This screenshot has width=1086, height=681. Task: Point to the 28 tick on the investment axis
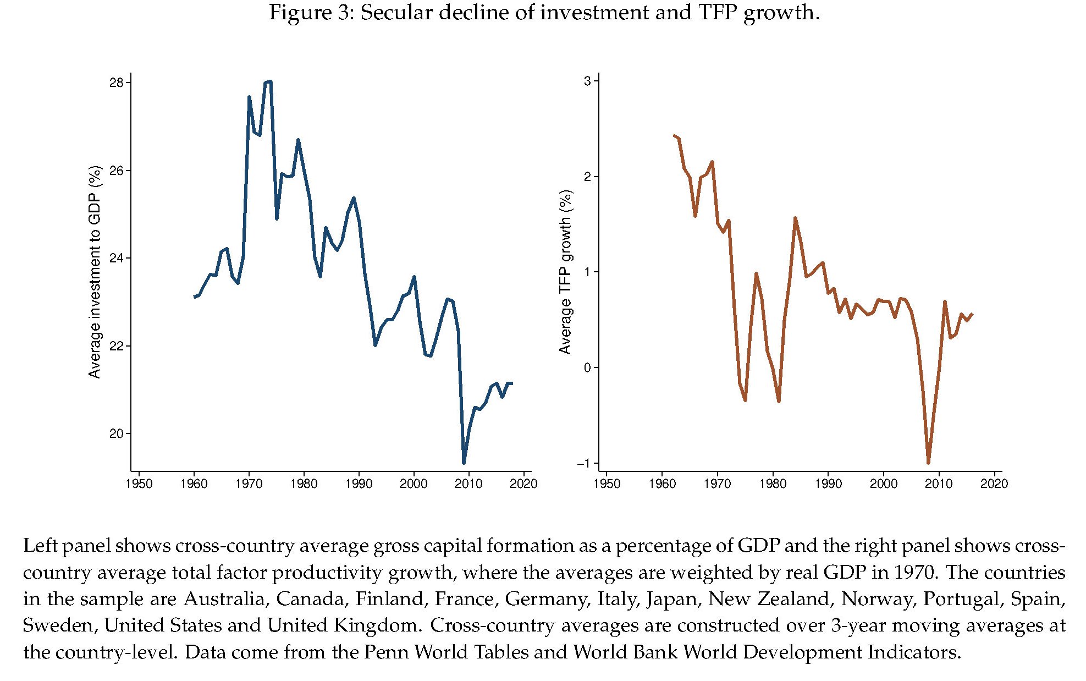117,83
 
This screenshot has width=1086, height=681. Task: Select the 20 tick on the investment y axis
117,434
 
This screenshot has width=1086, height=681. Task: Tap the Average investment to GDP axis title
95,272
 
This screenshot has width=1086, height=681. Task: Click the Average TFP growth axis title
565,272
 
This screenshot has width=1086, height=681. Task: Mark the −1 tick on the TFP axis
584,463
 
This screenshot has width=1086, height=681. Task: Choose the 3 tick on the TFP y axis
587,81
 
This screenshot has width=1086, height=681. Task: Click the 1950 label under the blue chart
139,484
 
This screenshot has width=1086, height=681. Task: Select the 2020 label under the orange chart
994,484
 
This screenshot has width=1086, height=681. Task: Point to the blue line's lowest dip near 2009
464,463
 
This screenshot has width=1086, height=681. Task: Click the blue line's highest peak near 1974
270,82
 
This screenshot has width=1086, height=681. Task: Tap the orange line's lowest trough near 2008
928,463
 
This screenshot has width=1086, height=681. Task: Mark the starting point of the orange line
674,135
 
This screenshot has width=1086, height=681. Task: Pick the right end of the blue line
512,383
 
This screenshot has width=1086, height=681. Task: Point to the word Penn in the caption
384,652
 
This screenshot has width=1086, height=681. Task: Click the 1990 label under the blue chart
359,484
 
